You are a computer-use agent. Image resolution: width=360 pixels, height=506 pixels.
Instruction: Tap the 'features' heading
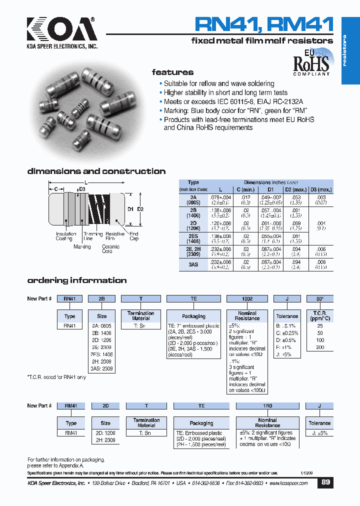[172, 72]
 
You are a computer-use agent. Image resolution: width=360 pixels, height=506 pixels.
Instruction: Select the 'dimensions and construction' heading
[96, 171]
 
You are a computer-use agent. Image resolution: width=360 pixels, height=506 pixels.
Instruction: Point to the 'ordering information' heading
[76, 280]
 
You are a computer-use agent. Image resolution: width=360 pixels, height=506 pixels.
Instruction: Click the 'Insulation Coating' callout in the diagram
[66, 236]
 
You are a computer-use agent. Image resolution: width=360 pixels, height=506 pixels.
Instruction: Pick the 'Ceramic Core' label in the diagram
[111, 248]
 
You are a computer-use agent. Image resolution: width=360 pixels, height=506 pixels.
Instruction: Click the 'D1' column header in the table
[270, 190]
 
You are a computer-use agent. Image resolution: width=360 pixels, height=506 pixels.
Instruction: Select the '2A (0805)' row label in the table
[193, 199]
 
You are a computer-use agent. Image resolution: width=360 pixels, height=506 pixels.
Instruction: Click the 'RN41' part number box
[69, 298]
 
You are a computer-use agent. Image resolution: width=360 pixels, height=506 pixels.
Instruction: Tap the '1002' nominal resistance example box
[247, 298]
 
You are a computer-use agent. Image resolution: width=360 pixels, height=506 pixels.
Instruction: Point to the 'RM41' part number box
[70, 406]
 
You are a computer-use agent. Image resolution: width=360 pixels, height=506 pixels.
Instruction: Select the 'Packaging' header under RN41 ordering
[193, 316]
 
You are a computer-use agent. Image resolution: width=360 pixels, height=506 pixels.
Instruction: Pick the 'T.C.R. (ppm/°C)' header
[319, 315]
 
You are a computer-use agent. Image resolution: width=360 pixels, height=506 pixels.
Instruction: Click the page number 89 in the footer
[325, 483]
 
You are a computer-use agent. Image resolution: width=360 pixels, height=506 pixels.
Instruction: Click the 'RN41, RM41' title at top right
[263, 23]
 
